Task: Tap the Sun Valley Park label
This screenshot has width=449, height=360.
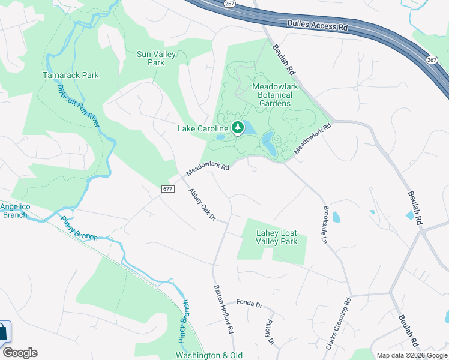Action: click(151, 58)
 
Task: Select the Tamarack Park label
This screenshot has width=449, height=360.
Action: click(70, 75)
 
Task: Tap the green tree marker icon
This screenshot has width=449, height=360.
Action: click(238, 127)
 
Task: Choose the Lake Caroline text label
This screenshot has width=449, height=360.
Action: click(203, 128)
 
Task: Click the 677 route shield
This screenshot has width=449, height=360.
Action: click(168, 189)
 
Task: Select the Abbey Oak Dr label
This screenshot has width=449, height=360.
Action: click(202, 204)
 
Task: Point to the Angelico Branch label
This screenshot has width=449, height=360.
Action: click(14, 211)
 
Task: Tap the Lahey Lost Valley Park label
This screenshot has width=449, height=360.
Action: click(277, 238)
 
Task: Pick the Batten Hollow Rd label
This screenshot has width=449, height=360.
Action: click(224, 309)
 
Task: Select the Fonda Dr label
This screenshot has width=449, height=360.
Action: click(249, 304)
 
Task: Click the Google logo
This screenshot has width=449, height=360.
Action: click(20, 353)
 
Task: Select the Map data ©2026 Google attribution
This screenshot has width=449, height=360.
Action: click(411, 355)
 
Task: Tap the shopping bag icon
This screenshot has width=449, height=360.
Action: click(4, 331)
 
